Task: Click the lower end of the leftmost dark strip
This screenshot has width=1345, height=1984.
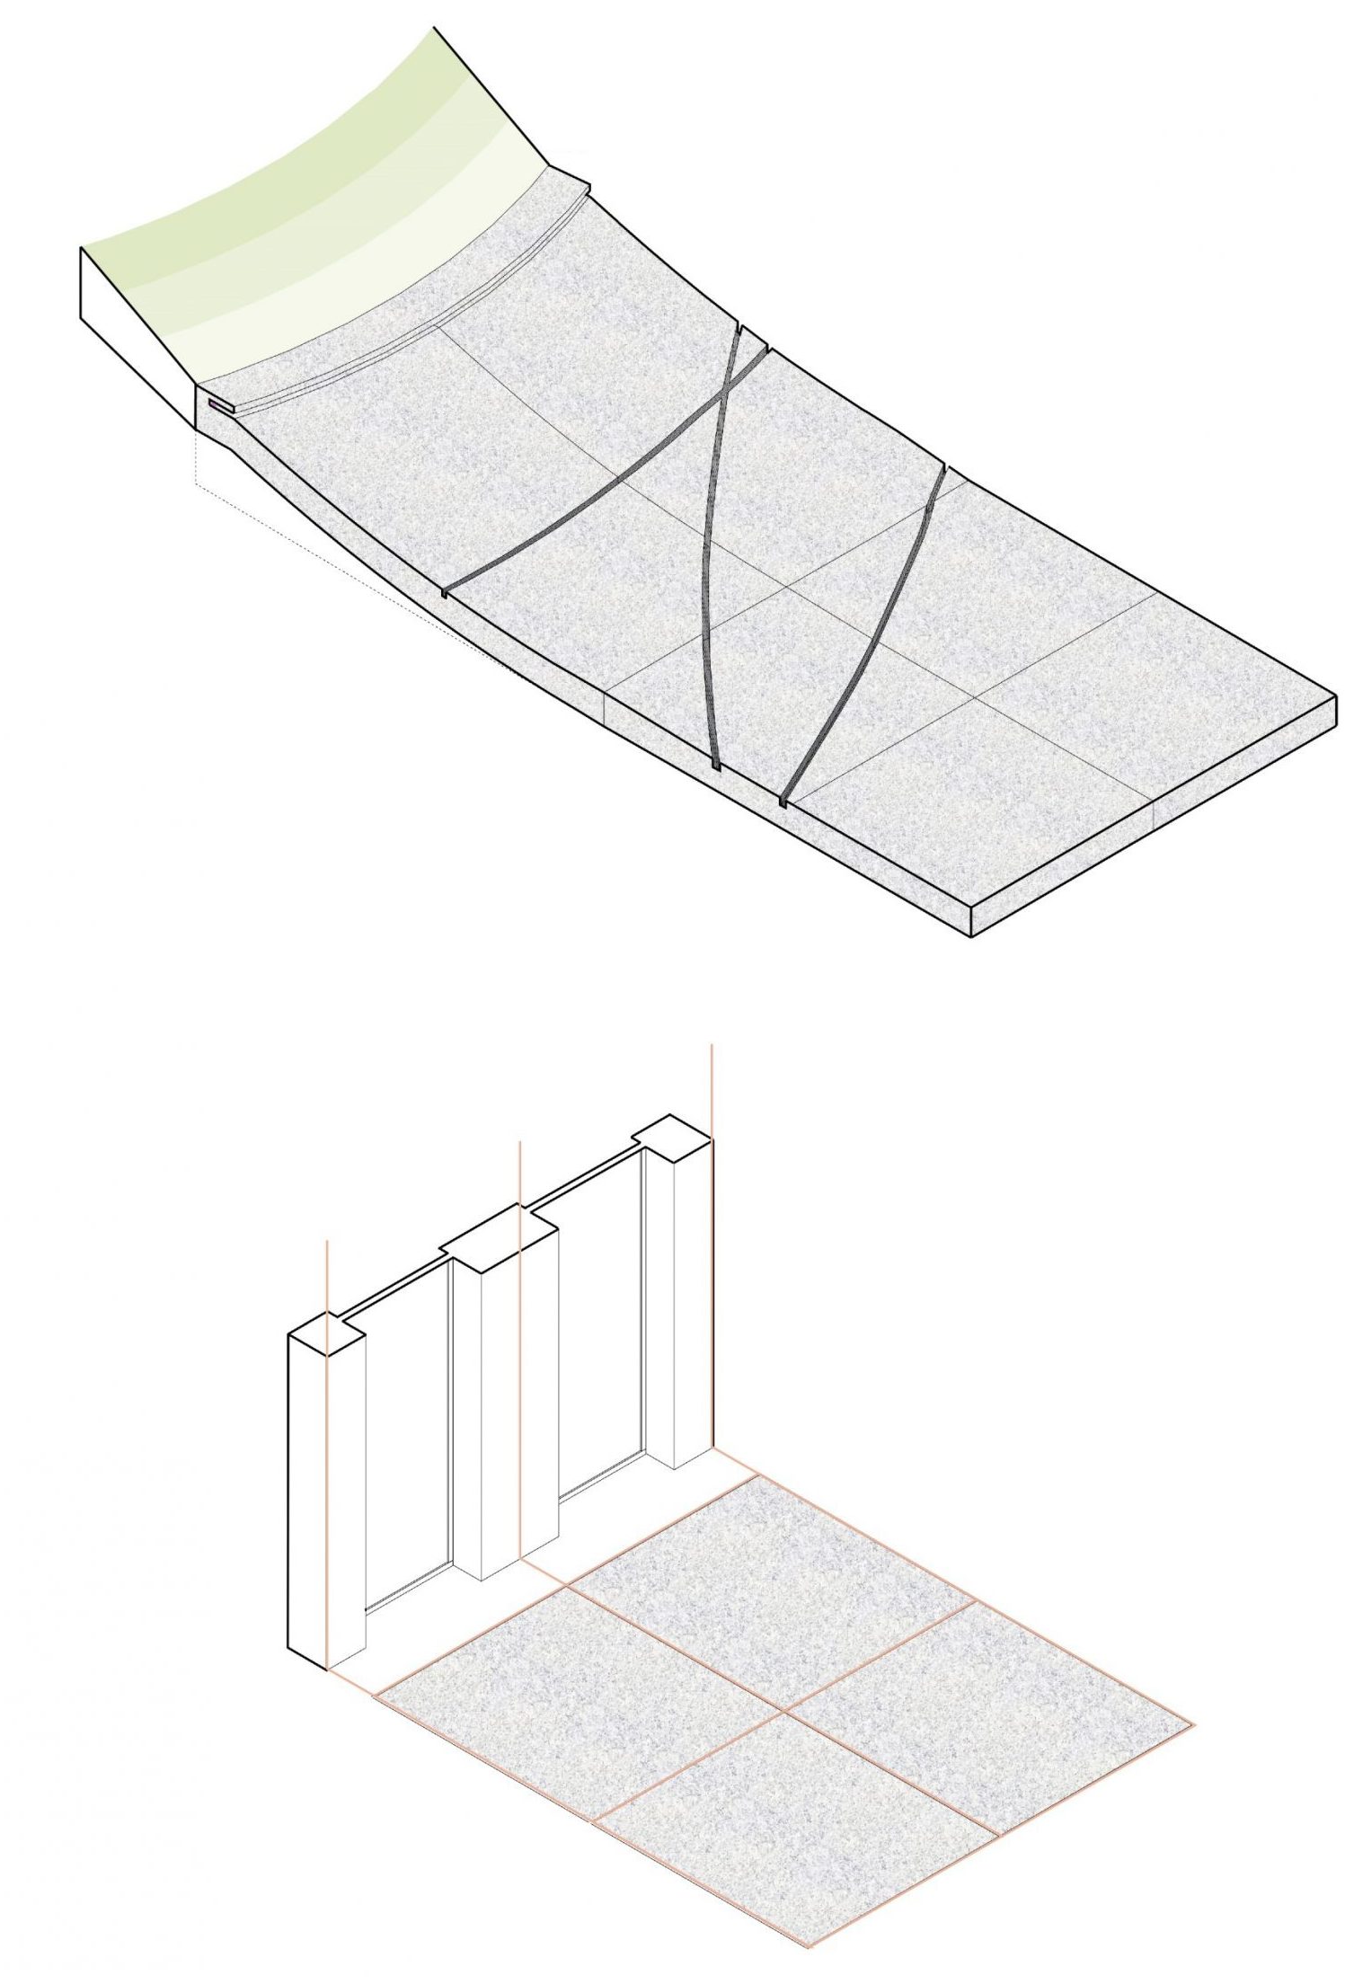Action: pos(447,592)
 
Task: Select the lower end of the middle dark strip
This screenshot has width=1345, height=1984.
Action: pos(715,765)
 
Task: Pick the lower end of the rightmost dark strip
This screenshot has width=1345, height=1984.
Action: pos(784,799)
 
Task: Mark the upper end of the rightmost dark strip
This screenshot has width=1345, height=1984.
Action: pos(943,469)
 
